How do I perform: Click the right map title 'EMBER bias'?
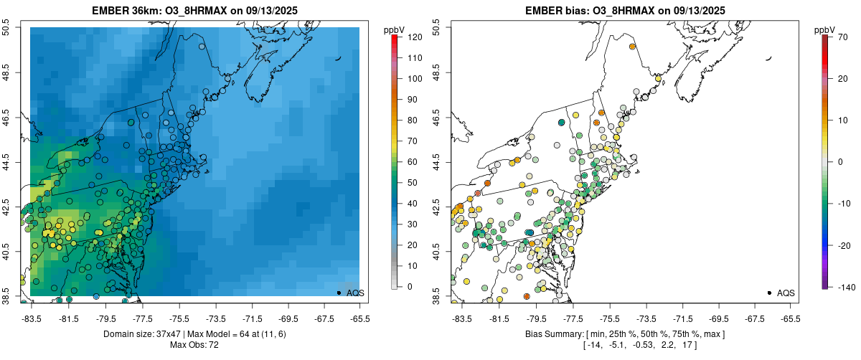click(552, 11)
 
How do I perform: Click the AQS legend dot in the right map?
click(769, 293)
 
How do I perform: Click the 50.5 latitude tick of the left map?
click(7, 28)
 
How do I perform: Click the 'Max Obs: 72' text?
click(194, 346)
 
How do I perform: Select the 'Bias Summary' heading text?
click(557, 334)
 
